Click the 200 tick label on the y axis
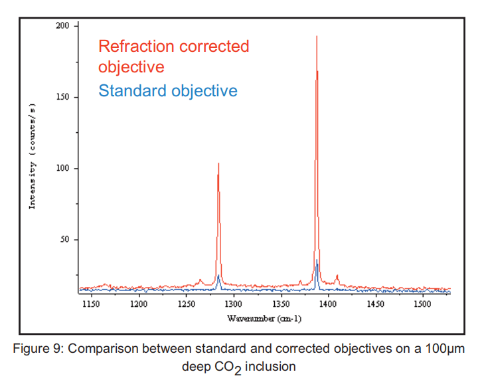click(62, 26)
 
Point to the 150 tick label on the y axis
click(62, 97)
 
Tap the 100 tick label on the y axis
click(62, 169)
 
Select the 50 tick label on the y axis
click(64, 240)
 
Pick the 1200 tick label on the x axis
click(138, 304)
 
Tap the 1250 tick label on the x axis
click(186, 304)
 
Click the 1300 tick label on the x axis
click(233, 304)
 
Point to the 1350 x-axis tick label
click(280, 304)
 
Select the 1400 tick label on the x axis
click(327, 304)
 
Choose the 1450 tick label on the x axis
click(375, 304)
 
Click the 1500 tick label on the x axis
click(422, 304)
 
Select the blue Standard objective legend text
click(167, 90)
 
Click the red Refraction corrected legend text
click(173, 47)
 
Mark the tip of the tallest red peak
click(317, 36)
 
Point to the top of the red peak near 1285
click(218, 163)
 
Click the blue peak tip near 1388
click(317, 260)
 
